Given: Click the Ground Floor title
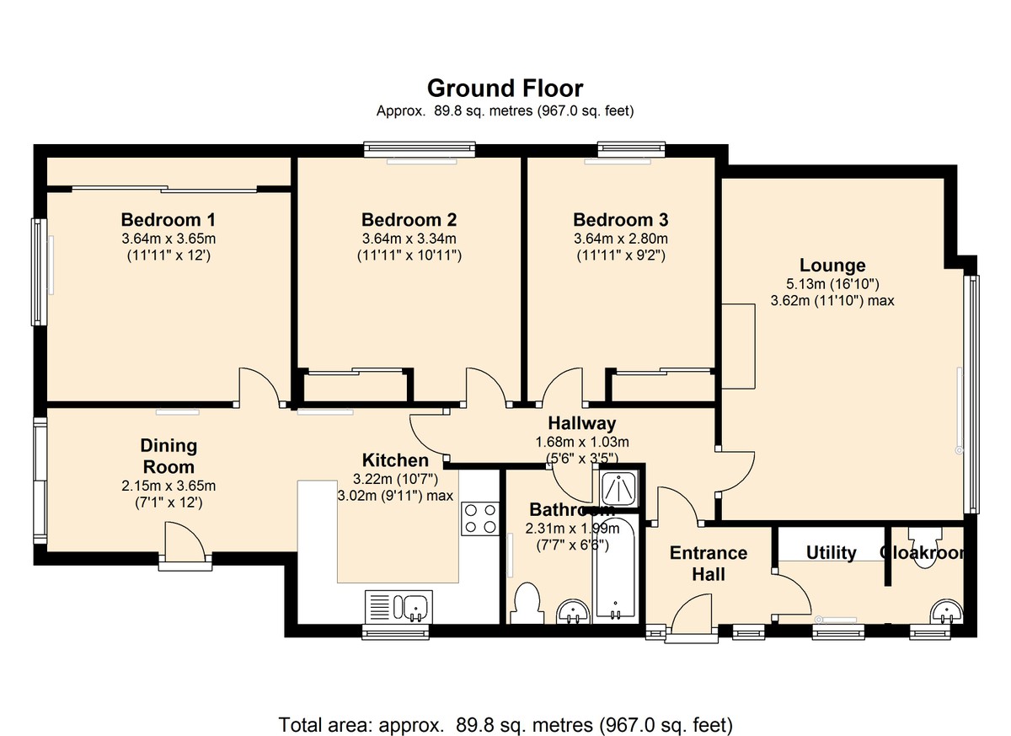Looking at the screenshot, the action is point(505,89).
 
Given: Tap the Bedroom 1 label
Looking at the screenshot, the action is point(168,220).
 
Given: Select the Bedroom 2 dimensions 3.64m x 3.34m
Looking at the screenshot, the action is point(409,239).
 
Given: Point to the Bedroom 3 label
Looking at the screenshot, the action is point(621,220).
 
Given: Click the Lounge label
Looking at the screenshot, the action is point(832,266).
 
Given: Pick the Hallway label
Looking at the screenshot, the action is point(582,423).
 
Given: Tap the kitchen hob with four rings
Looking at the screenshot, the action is point(480,518).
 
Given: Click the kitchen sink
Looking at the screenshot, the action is point(399,606).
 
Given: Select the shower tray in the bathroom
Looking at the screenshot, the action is point(619,488).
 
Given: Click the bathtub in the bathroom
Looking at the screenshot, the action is point(615,569).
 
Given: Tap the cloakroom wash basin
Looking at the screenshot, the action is point(946,611).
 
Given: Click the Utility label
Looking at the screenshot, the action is point(831,553).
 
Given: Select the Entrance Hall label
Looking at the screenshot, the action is point(709,563).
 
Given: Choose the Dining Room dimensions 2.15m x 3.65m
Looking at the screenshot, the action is point(168,486).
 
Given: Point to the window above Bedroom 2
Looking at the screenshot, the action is point(420,149).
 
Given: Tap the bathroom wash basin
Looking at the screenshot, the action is point(573,612).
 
